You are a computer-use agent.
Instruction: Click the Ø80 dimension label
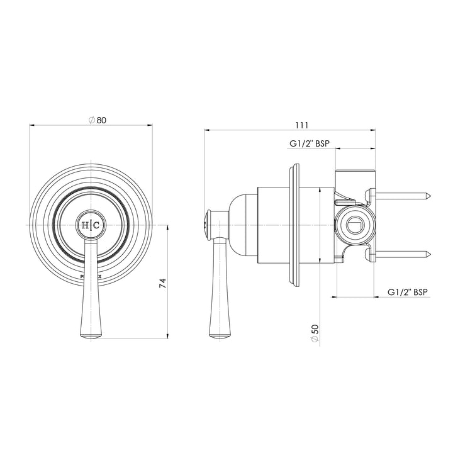coord(96,120)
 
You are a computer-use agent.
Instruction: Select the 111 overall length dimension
coord(291,125)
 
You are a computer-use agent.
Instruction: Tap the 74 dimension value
coord(162,282)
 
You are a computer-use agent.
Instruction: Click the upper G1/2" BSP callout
coord(309,143)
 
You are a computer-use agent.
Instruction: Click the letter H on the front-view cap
coord(85,225)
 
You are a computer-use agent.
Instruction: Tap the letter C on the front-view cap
coord(96,225)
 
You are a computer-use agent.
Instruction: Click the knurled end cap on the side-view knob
coord(207,225)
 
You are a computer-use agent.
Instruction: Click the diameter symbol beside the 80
coord(91,120)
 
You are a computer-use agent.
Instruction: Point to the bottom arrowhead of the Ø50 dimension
coord(321,260)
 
